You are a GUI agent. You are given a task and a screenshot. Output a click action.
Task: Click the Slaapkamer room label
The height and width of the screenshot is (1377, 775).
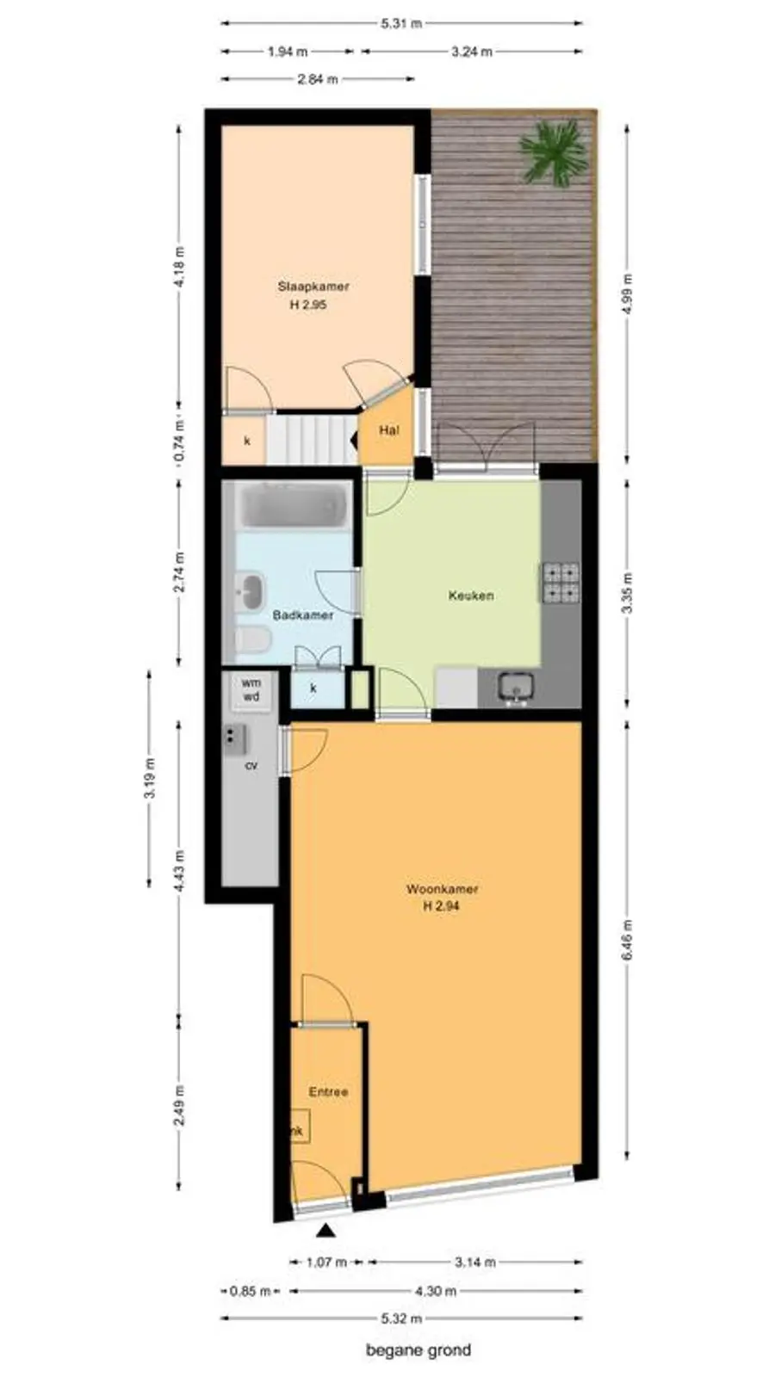tap(313, 287)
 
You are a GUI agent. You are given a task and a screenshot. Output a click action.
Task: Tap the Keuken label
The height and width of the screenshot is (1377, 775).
tap(470, 596)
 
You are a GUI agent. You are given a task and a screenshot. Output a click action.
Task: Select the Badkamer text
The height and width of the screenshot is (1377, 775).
tap(302, 615)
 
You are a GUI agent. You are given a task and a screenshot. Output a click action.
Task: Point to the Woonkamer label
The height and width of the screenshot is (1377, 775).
tap(443, 889)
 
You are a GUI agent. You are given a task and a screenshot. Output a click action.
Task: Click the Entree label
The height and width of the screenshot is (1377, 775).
tap(328, 1092)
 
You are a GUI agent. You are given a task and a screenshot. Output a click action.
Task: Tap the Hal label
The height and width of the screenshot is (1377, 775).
tap(388, 430)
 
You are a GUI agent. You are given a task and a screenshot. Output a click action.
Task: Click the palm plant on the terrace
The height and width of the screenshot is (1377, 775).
tap(553, 152)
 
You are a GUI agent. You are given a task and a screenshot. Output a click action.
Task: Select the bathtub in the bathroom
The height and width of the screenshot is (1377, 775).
tap(294, 505)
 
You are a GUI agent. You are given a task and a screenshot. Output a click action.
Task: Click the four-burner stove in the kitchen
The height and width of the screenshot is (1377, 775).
tap(561, 583)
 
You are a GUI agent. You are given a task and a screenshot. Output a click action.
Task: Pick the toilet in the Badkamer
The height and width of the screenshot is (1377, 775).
tap(252, 640)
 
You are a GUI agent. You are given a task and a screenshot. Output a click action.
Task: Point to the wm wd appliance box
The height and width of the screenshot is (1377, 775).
tap(251, 691)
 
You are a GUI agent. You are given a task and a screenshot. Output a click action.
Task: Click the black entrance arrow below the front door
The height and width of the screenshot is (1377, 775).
tap(326, 1230)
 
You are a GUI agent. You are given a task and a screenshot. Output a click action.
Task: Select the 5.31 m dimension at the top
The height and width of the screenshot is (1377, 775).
tap(401, 24)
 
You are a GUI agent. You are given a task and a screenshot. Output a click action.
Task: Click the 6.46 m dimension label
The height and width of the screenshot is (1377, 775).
tap(628, 939)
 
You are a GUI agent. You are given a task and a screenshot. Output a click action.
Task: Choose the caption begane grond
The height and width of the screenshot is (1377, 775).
tap(418, 1350)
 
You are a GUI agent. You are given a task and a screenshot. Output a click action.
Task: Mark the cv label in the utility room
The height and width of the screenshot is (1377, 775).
tap(251, 766)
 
